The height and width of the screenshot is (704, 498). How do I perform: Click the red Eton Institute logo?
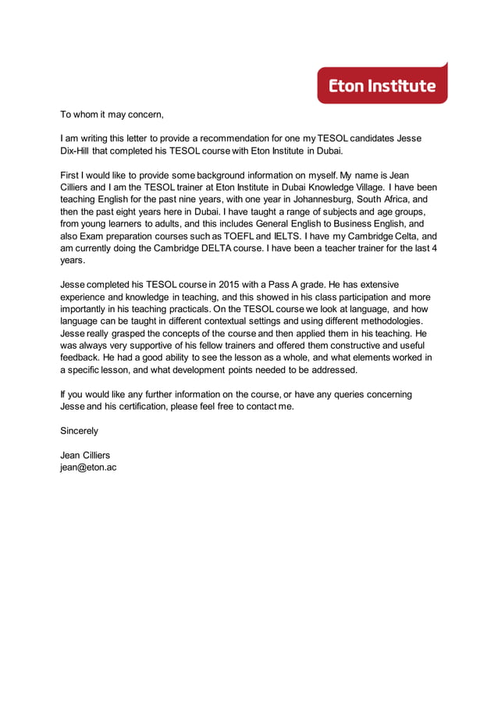coord(382,85)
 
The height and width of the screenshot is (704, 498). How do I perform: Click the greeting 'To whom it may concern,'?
coord(112,115)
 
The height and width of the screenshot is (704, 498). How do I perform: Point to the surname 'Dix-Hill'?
coord(79,151)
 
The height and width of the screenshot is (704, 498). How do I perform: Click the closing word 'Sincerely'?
coord(80,431)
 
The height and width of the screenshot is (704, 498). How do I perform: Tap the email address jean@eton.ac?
coord(88,468)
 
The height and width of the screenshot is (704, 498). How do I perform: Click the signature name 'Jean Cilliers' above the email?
coord(85,455)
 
